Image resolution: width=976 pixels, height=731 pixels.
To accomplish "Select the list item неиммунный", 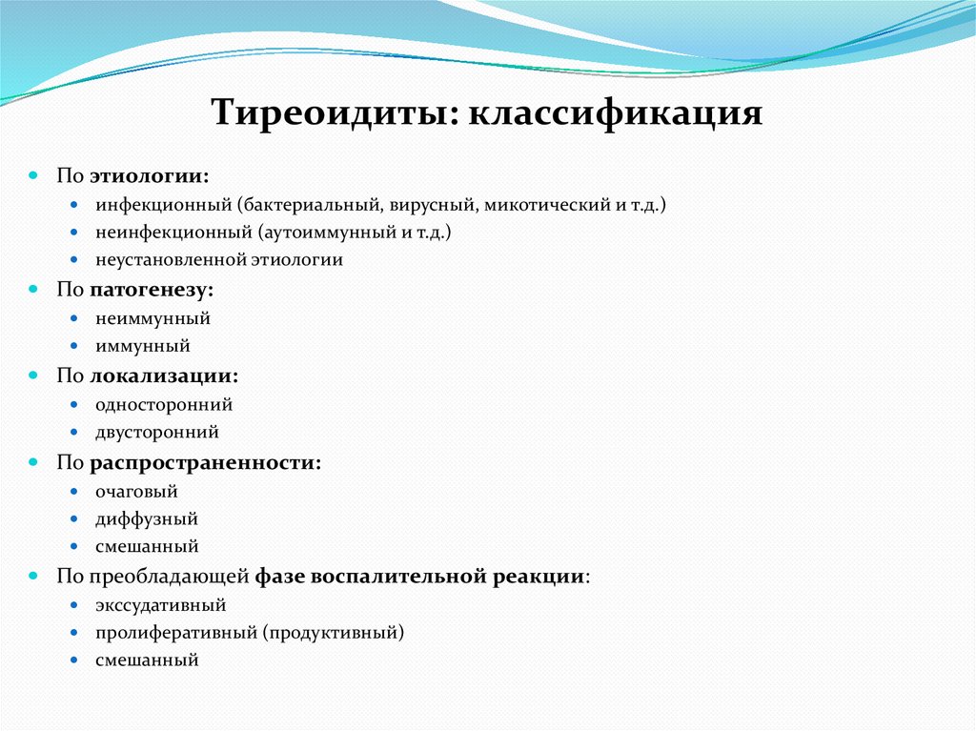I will (152, 318).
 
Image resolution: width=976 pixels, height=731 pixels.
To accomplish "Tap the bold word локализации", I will (163, 376).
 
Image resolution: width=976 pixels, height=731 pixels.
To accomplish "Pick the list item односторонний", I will (163, 404).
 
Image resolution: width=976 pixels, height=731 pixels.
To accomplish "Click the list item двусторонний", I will (156, 432).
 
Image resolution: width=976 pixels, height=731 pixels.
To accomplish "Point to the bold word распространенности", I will (204, 462).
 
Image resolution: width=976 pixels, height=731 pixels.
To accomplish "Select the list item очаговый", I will (136, 492).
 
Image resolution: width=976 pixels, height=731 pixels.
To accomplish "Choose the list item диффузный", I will (146, 519).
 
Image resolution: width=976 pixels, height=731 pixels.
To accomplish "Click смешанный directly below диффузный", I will (147, 547).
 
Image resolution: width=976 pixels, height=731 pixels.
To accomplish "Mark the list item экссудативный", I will (160, 605).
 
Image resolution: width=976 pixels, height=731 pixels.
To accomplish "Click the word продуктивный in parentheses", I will (333, 632).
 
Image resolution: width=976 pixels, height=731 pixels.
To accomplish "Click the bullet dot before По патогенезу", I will (32, 289).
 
